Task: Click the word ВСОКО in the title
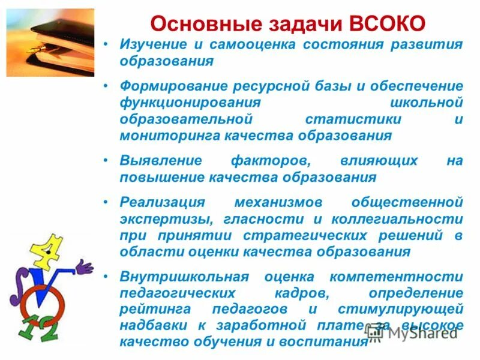click(386, 23)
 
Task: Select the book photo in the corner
click(50, 42)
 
